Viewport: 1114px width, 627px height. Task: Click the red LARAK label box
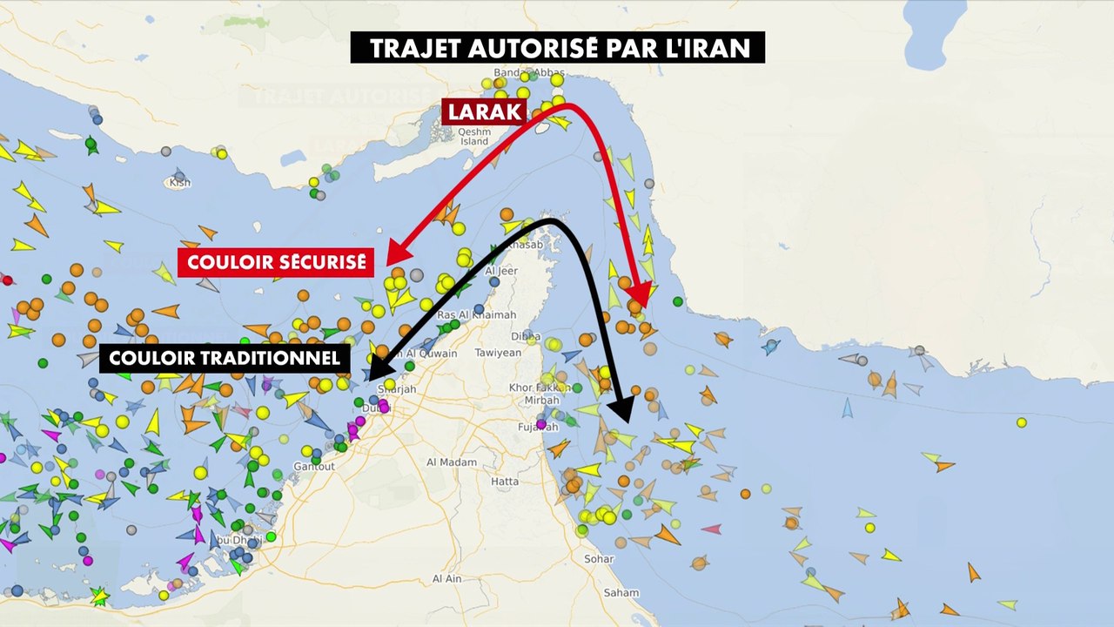(x=484, y=111)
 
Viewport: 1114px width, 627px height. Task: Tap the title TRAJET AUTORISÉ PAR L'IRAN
(x=558, y=48)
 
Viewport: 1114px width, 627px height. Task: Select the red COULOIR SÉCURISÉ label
(x=276, y=261)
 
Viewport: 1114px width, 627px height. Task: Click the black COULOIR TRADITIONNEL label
(x=225, y=358)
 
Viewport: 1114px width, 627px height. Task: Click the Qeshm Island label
(x=474, y=136)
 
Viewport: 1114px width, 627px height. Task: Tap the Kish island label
(x=180, y=183)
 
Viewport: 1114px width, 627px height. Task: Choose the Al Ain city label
(x=447, y=578)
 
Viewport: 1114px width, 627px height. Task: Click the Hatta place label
(x=505, y=482)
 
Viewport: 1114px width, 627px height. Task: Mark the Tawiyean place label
(x=498, y=353)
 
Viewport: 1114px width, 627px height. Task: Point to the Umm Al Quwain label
(x=427, y=354)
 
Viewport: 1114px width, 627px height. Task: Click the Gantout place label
(x=314, y=467)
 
